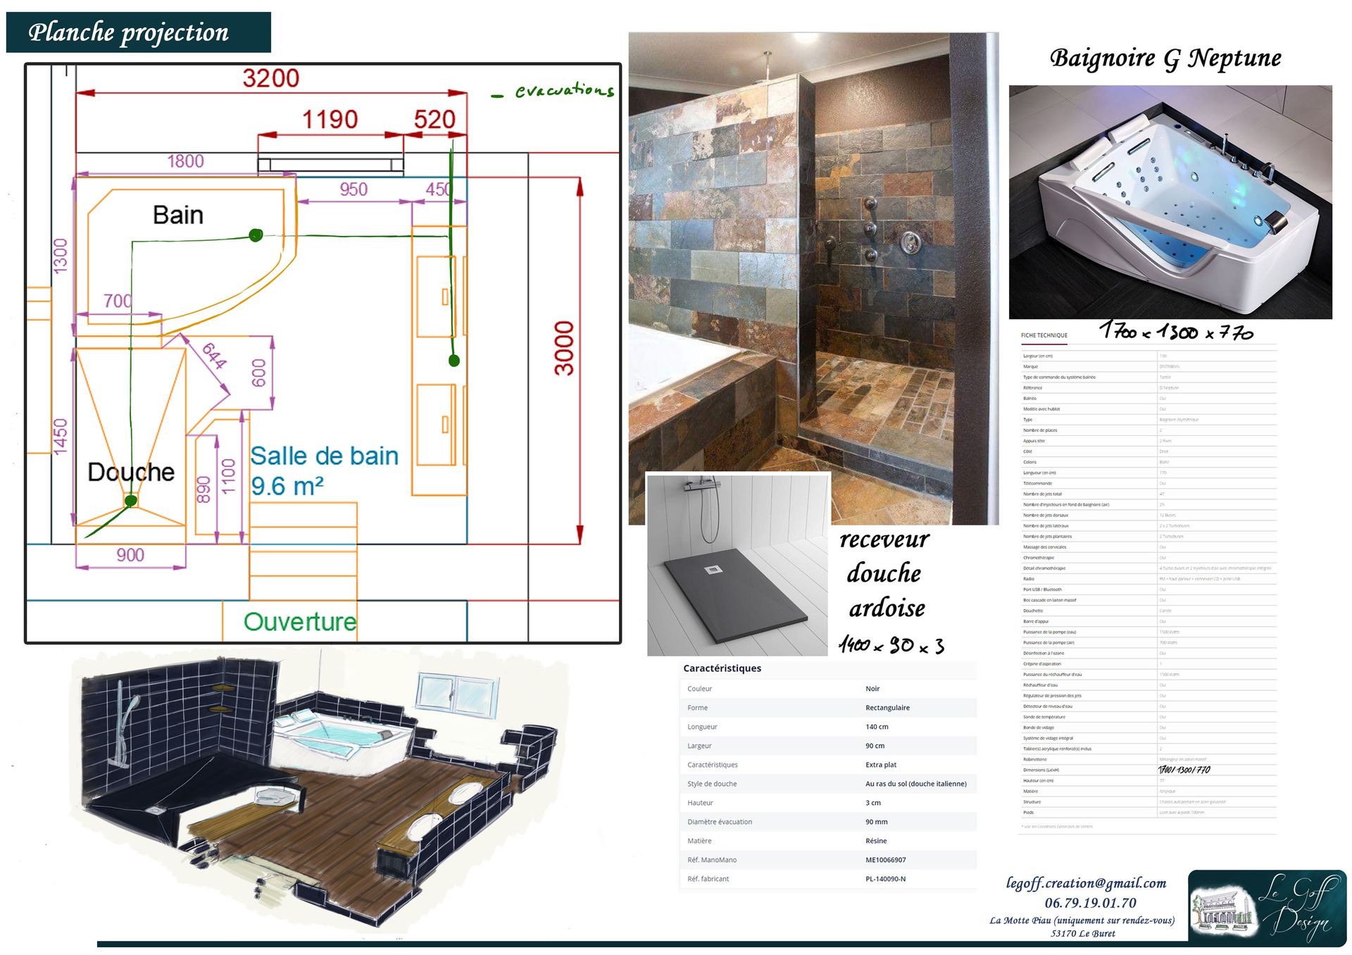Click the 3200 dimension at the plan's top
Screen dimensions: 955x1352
(271, 77)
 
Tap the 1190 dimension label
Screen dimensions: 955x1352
(330, 119)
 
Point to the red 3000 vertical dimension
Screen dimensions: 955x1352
(564, 349)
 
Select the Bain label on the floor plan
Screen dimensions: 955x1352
(178, 215)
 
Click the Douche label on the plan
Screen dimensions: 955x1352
(131, 472)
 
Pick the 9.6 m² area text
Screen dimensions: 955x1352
(287, 487)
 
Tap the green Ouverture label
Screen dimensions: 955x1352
(300, 622)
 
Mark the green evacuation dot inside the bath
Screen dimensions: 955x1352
(256, 235)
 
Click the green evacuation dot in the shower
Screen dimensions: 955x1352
(131, 501)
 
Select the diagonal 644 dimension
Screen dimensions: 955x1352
(214, 356)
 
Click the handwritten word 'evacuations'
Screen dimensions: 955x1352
(564, 90)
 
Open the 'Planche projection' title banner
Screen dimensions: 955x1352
(138, 32)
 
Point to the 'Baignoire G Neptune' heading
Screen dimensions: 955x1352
(1165, 58)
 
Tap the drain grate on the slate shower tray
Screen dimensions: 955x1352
(713, 570)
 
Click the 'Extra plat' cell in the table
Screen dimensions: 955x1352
(881, 765)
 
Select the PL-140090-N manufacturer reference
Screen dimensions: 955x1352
(885, 879)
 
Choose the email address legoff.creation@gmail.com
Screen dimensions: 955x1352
(1086, 883)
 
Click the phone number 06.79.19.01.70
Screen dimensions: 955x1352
(1090, 903)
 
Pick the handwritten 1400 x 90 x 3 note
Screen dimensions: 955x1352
(891, 644)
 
